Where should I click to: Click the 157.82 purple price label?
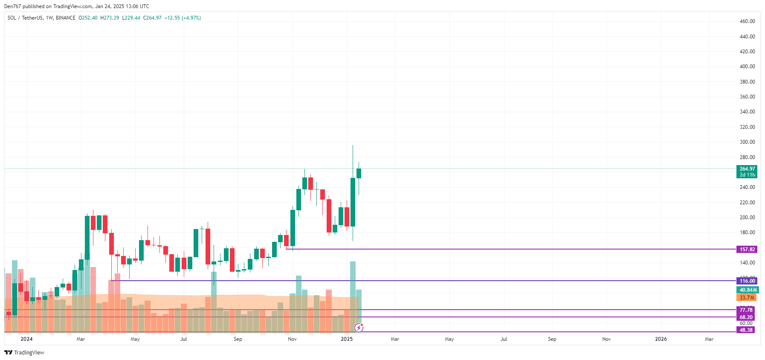click(747, 250)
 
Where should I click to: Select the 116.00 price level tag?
click(747, 281)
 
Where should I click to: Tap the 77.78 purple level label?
click(746, 310)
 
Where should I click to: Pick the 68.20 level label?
click(746, 317)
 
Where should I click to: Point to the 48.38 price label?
click(746, 330)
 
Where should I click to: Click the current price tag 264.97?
click(747, 169)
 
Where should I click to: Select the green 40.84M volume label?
click(748, 290)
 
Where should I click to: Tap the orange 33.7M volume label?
click(746, 298)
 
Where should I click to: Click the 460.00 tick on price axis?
click(747, 21)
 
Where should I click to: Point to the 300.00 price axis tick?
click(747, 142)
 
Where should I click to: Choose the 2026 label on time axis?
click(661, 339)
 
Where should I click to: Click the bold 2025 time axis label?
click(347, 339)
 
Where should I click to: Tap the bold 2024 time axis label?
click(26, 339)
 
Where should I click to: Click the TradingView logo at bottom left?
click(24, 352)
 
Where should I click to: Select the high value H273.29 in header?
click(110, 18)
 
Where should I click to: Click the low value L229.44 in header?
click(131, 18)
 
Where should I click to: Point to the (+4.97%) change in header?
click(191, 18)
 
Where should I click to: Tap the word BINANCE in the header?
click(65, 18)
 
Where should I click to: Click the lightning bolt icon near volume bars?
click(359, 328)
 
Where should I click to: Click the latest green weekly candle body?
click(359, 173)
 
